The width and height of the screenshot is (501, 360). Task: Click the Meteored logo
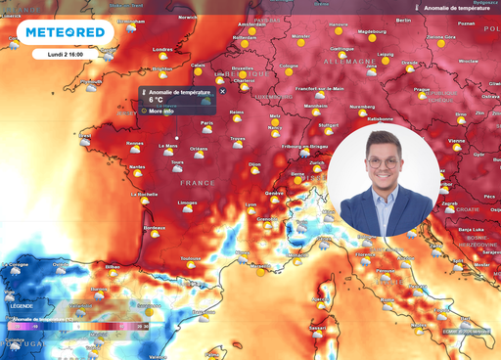point(65,33)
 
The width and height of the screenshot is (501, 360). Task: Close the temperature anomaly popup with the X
point(221,91)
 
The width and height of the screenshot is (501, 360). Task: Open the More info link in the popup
point(161,112)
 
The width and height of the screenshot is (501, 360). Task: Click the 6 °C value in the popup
point(157,100)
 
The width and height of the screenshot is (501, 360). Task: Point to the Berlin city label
point(403,21)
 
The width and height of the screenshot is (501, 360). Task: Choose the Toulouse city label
point(192,257)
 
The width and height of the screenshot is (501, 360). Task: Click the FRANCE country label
point(197,183)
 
